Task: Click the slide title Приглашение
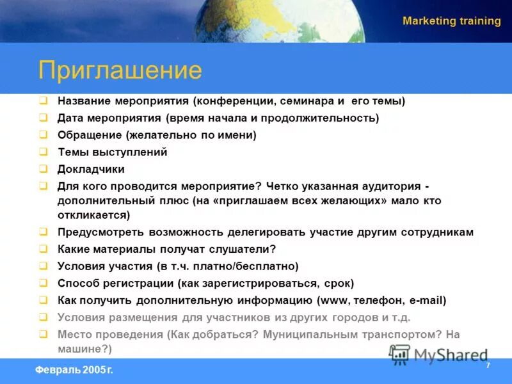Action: pyautogui.click(x=120, y=70)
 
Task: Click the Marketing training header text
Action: pyautogui.click(x=451, y=21)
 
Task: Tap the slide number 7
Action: pyautogui.click(x=488, y=365)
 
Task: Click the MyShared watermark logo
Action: pyautogui.click(x=438, y=355)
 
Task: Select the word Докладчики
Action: pyautogui.click(x=91, y=169)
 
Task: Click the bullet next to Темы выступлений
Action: pyautogui.click(x=43, y=152)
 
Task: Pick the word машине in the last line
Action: pyautogui.click(x=79, y=349)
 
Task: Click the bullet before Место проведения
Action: pyautogui.click(x=43, y=333)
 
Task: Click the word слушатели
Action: pyautogui.click(x=241, y=249)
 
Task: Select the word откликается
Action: pyautogui.click(x=93, y=215)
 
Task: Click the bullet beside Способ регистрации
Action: pyautogui.click(x=43, y=282)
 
